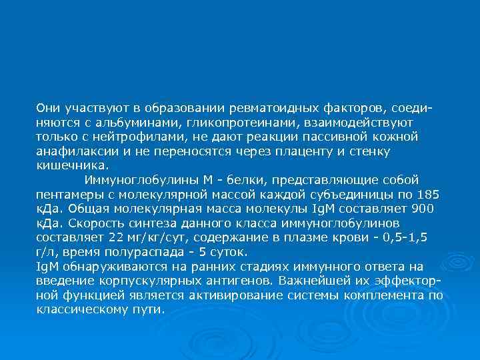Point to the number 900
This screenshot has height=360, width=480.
421,208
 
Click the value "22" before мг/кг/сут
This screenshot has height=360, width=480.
115,237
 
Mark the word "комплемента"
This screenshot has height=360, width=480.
387,295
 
